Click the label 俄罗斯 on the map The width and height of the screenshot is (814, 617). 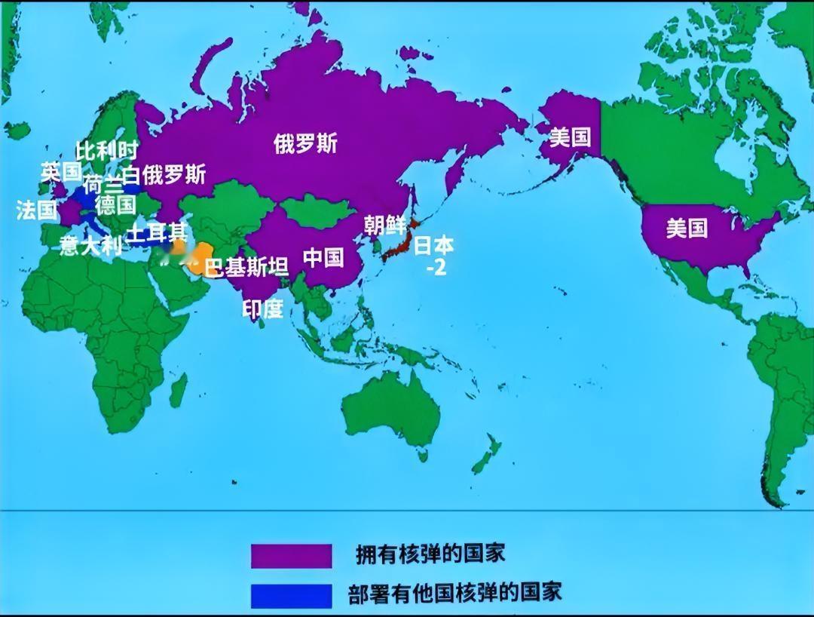click(x=305, y=143)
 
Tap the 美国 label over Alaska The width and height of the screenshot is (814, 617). click(x=570, y=137)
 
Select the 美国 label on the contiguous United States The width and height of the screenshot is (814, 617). click(x=687, y=228)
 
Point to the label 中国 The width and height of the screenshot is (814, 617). click(x=323, y=257)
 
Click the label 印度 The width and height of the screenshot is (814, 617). click(x=263, y=308)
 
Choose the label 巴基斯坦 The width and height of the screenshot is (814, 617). click(x=247, y=268)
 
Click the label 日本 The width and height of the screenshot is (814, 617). click(x=435, y=246)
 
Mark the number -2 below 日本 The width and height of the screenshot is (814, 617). click(x=436, y=267)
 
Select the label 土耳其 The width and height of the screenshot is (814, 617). click(x=157, y=232)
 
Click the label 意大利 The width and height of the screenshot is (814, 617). click(x=91, y=246)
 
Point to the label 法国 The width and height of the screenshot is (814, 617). click(x=37, y=210)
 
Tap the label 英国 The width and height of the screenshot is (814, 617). click(x=61, y=171)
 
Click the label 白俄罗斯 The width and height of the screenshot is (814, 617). click(x=164, y=175)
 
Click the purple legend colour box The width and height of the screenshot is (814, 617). click(x=292, y=555)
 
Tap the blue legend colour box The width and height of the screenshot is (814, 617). click(x=292, y=594)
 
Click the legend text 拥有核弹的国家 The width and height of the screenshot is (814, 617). click(x=430, y=554)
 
